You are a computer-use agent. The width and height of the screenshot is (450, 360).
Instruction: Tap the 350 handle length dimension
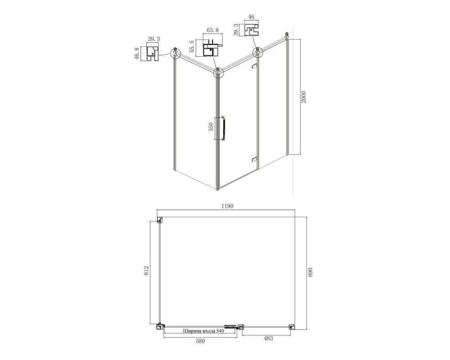pos(211,127)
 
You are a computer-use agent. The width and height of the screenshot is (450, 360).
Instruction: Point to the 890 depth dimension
pos(310,272)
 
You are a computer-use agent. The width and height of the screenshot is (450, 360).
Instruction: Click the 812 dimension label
pos(146,271)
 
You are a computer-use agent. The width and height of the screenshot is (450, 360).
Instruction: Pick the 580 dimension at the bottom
pos(200,341)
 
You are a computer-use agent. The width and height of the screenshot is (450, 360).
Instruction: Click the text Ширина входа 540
pos(203,331)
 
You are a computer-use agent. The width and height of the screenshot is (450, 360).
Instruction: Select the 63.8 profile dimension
pos(213,30)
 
